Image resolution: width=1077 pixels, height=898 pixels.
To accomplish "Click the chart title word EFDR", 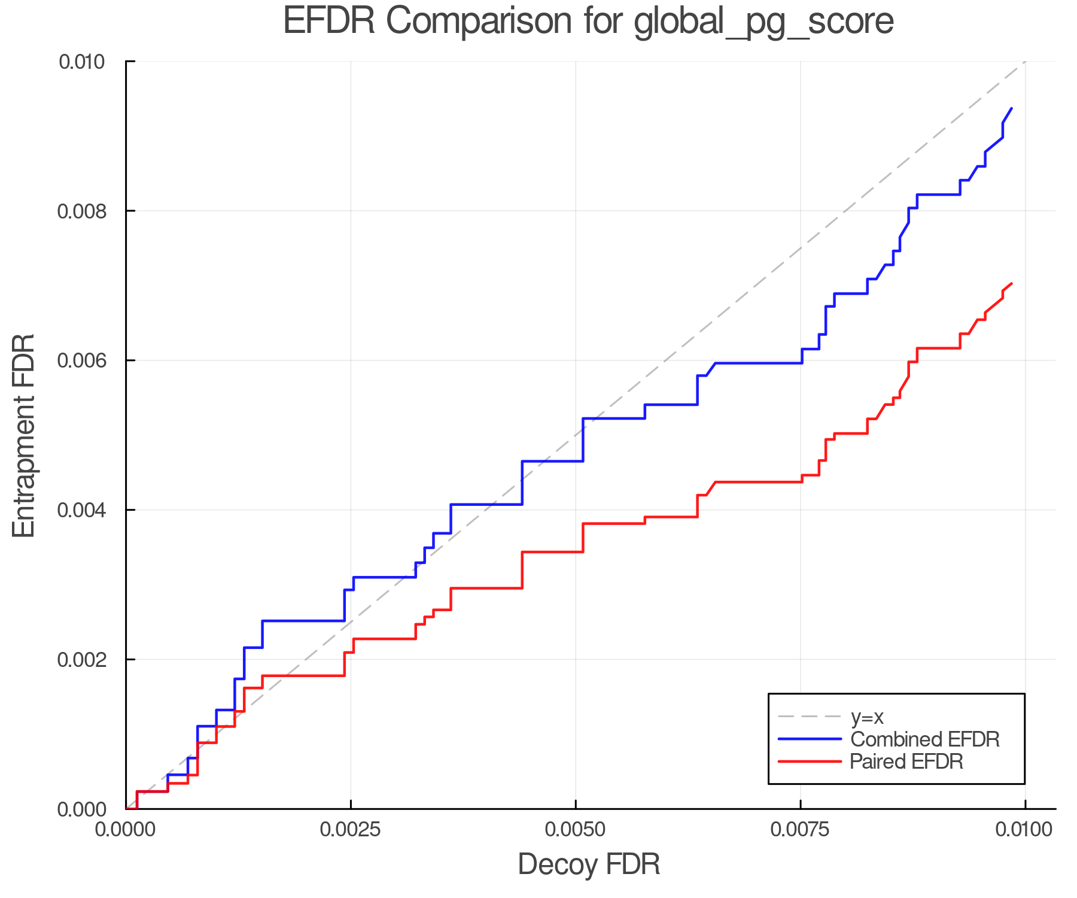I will (328, 21).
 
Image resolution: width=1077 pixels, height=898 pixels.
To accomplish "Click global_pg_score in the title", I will (763, 22).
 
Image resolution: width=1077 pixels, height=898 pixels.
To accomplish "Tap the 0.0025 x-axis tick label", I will (351, 830).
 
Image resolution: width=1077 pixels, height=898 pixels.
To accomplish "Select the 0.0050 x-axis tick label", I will (576, 830).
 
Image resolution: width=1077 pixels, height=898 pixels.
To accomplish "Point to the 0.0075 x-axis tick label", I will (801, 830).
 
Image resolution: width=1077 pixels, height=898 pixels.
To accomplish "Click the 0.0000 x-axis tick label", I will (126, 830).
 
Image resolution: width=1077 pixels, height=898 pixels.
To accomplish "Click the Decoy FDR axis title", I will (589, 864).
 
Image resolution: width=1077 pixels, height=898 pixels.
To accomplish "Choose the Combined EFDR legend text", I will (924, 739).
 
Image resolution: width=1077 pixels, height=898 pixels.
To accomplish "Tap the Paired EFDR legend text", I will (906, 762).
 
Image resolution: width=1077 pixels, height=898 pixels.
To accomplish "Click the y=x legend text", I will (867, 717).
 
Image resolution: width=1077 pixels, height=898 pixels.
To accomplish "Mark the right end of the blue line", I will (1011, 108).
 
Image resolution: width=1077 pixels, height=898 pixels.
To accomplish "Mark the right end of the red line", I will (1011, 283).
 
